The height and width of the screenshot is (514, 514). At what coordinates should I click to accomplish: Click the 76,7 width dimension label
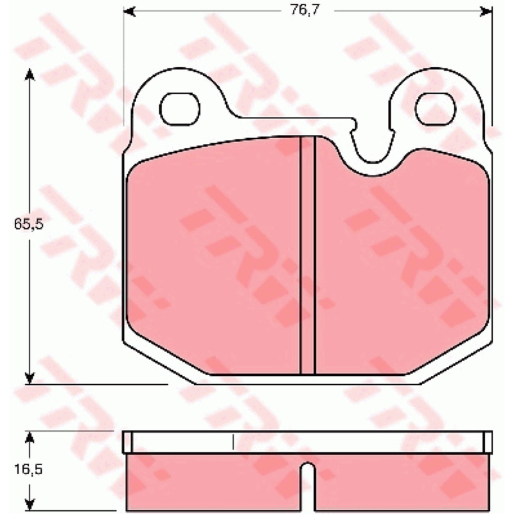coord(305,10)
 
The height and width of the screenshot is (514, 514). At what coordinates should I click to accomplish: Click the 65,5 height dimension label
coord(28,224)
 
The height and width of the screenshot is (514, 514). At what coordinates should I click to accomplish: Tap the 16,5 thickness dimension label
coord(28,470)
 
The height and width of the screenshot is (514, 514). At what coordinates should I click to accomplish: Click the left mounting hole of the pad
coord(180,109)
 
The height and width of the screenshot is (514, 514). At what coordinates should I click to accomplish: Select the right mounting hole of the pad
coord(436,109)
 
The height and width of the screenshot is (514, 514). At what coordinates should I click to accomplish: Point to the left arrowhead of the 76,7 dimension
coord(129,11)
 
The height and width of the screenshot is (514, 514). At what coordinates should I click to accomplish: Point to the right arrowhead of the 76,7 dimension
coord(486,11)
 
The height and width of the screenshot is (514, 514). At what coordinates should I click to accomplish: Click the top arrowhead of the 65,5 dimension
coord(30,75)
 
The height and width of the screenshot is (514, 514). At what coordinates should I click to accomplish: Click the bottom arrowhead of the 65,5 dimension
coord(30,378)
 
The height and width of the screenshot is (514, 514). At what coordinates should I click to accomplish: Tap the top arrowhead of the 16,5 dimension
coord(30,437)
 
